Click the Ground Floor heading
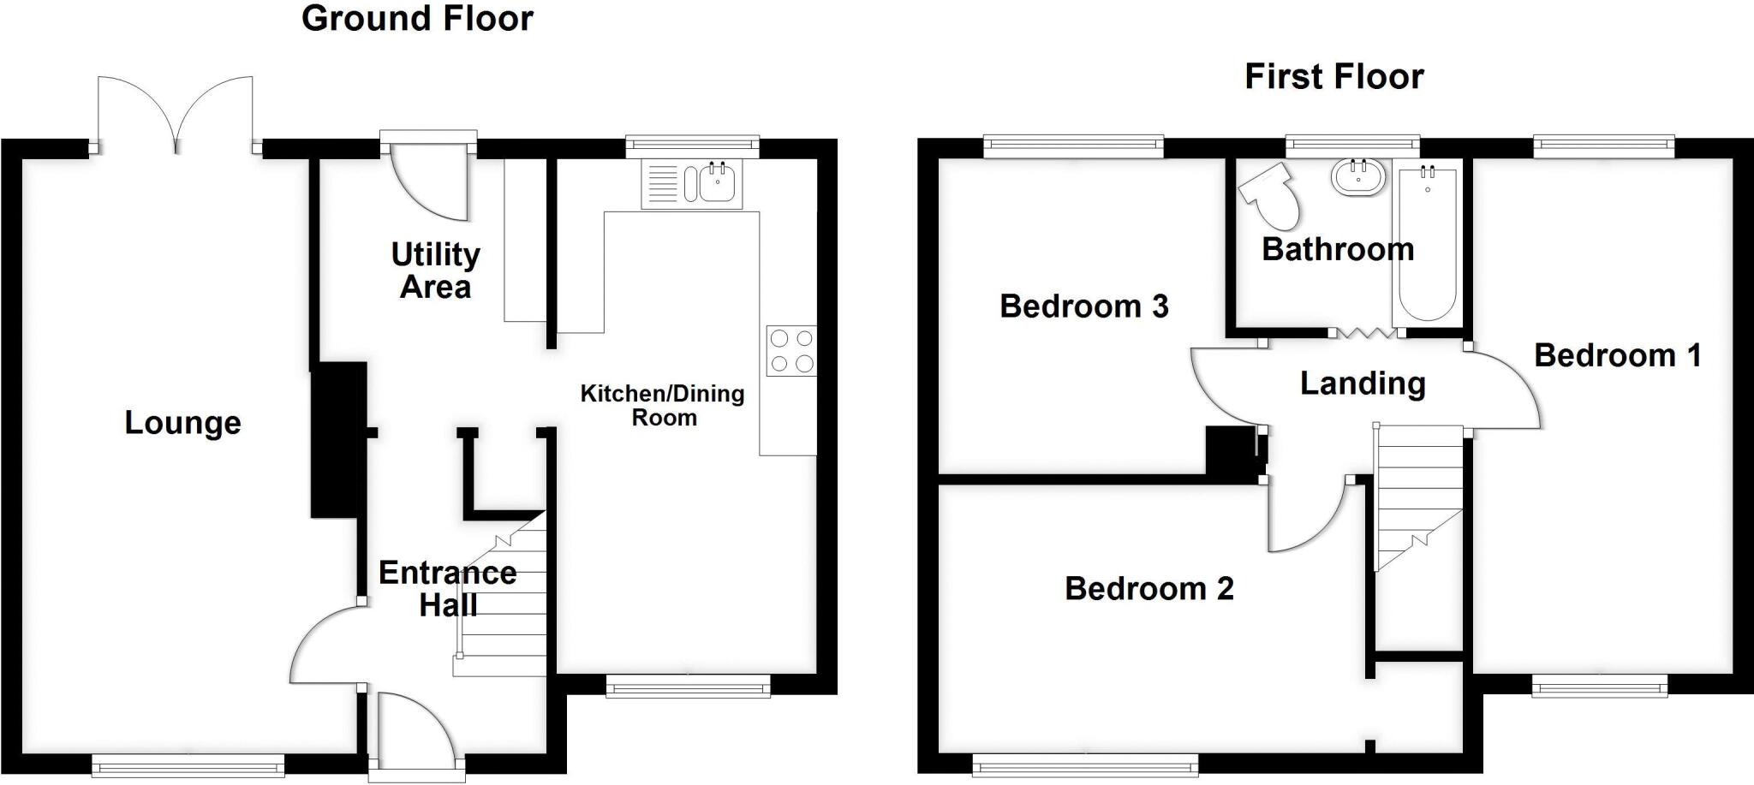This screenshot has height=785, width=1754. point(417,19)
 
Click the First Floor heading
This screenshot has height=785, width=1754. point(1333,77)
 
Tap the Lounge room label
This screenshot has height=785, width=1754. point(182,423)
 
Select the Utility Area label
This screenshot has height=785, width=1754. point(435,271)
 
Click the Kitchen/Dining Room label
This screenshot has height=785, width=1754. point(663,406)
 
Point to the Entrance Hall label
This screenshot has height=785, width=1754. point(447,589)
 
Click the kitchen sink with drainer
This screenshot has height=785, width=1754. point(691,184)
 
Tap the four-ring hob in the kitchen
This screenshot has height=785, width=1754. point(790,351)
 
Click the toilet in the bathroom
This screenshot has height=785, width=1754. point(1270,196)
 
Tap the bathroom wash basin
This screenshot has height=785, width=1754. point(1358,178)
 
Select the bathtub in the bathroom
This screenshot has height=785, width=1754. point(1427,244)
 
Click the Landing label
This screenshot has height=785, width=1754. point(1362,384)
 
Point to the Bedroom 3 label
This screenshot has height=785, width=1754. point(1083,306)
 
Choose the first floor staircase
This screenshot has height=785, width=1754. point(1417,497)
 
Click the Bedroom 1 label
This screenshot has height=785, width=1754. point(1616,355)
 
